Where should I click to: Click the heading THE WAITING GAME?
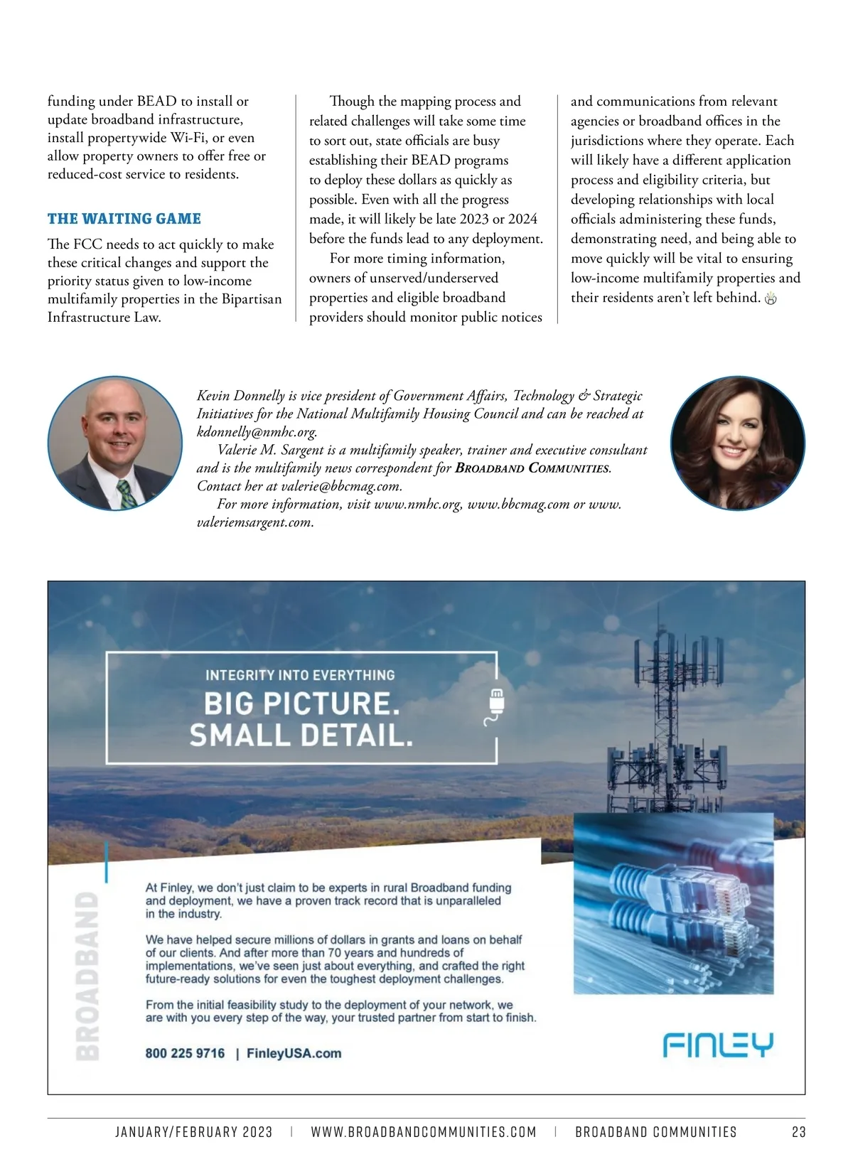pyautogui.click(x=124, y=219)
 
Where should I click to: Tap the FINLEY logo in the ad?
pyautogui.click(x=718, y=1045)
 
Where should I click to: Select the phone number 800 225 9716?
pyautogui.click(x=185, y=1053)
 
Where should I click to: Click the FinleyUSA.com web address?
pyautogui.click(x=294, y=1053)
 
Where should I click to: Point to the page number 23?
pyautogui.click(x=798, y=1132)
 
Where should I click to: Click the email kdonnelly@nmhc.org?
pyautogui.click(x=257, y=432)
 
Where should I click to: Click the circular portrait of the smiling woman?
pyautogui.click(x=738, y=443)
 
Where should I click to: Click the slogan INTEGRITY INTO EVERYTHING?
pyautogui.click(x=300, y=675)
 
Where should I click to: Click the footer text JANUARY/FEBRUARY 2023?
pyautogui.click(x=194, y=1132)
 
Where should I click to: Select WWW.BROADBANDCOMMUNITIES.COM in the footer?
pyautogui.click(x=424, y=1132)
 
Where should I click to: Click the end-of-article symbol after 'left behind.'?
pyautogui.click(x=771, y=298)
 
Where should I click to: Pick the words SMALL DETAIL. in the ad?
pyautogui.click(x=301, y=735)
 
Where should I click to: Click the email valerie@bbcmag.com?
pyautogui.click(x=340, y=487)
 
